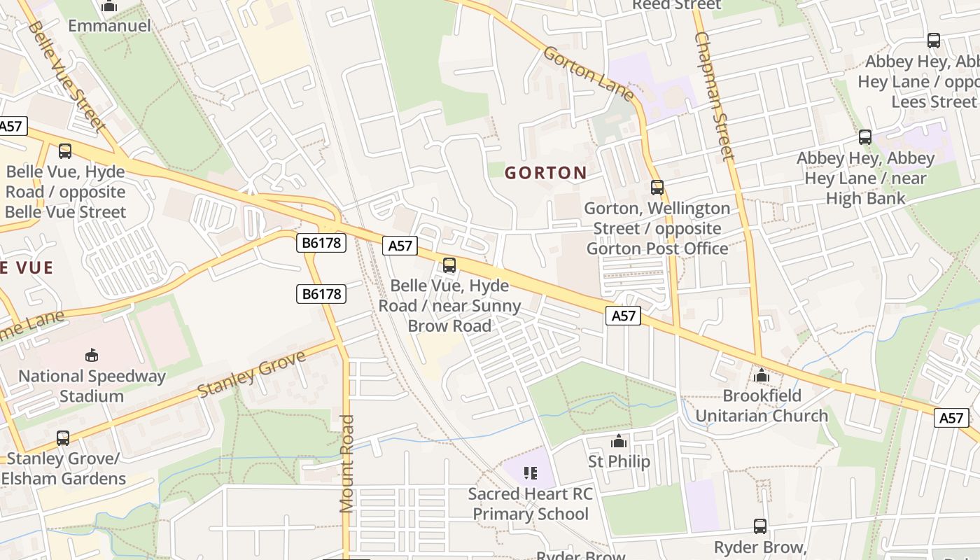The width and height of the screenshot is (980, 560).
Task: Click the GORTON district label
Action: coord(546,173)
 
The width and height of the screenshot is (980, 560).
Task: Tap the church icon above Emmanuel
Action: coord(109,6)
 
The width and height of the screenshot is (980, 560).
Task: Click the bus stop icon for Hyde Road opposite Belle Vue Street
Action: coord(65,151)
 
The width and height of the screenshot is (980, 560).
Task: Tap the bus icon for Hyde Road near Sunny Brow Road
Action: coord(449,265)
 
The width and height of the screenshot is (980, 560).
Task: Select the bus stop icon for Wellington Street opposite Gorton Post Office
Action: coord(657,188)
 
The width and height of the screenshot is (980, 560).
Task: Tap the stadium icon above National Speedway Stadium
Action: coord(92,356)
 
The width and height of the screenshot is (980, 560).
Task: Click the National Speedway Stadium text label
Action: coord(92,386)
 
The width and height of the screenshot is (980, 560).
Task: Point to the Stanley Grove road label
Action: coord(252,374)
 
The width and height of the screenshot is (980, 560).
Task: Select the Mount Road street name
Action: coord(347,463)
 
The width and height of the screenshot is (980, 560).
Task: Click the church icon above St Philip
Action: coord(618,441)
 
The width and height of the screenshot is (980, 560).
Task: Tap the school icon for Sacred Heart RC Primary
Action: coord(530,473)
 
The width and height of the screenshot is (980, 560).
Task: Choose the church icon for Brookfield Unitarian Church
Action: coord(762,376)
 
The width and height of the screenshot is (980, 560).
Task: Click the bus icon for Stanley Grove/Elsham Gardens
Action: coord(63,438)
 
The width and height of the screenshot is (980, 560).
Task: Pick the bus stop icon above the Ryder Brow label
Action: coord(760,526)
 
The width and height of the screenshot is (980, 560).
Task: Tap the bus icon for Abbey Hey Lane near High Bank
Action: coord(865,137)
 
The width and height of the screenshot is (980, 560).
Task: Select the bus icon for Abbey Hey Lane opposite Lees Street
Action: coord(934,41)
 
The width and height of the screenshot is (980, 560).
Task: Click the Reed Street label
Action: coord(676,6)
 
